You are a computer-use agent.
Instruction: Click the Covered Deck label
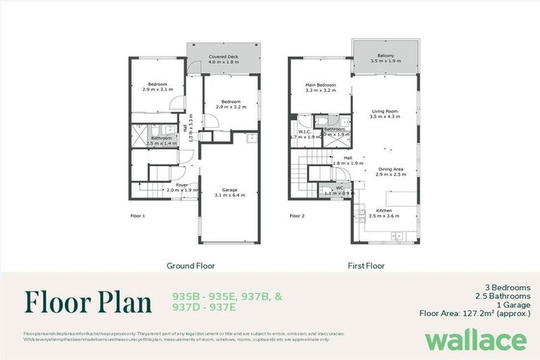222,56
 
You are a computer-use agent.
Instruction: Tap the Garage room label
230,190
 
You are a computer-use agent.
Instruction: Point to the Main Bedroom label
320,85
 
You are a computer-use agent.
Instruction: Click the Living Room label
384,111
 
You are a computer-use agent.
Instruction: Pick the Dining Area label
391,169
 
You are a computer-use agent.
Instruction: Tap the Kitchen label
383,211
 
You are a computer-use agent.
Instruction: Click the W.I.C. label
304,131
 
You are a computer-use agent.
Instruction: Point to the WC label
339,188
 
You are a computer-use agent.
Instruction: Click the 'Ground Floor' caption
191,266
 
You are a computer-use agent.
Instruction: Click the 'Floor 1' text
138,216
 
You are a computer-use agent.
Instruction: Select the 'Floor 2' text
297,216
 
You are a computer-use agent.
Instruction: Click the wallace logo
475,340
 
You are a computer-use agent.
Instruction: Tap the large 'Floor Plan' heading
89,302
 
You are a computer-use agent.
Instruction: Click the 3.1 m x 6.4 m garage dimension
230,195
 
